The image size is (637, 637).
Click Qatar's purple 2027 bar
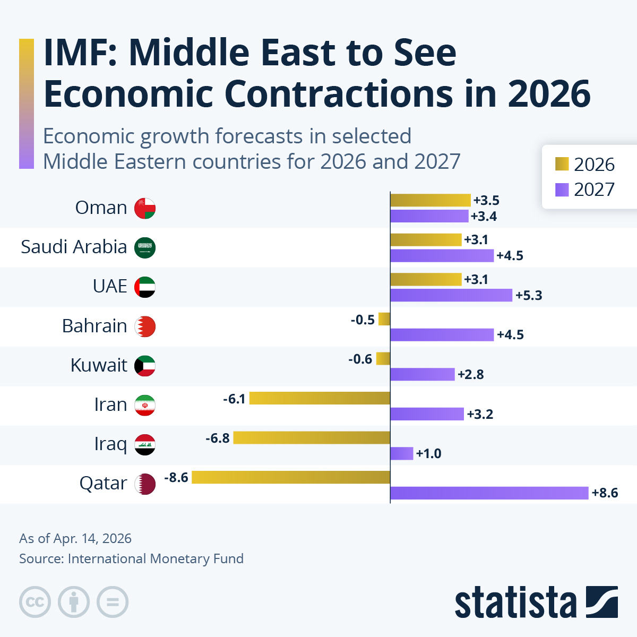[489, 493]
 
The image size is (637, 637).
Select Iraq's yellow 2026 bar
[312, 438]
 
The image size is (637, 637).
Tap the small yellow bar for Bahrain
[384, 319]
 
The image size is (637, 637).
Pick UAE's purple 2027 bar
[451, 295]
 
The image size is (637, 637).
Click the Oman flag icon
[145, 208]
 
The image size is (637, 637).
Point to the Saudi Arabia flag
[145, 247]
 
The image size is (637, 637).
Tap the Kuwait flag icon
[145, 366]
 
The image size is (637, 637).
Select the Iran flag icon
[145, 405]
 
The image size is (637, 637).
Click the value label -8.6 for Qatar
[176, 478]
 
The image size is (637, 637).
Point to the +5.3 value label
[529, 296]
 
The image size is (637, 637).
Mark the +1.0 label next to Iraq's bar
[429, 454]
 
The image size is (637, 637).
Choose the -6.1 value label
[234, 399]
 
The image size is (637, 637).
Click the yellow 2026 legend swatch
[562, 164]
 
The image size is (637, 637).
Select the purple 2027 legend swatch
[562, 190]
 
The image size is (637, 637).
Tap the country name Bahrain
[94, 326]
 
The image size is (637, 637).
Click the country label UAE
[110, 286]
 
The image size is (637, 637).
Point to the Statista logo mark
[601, 602]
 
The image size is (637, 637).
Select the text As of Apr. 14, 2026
[75, 538]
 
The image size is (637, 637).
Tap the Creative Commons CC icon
[35, 602]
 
